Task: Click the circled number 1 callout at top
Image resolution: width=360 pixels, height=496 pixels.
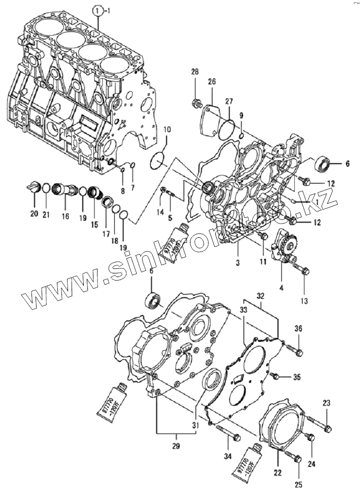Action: (97, 10)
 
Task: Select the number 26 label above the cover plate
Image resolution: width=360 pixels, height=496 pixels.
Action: (212, 81)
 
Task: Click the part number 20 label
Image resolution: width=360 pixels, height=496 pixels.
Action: (34, 214)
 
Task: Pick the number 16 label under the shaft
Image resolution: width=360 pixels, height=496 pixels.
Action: (66, 216)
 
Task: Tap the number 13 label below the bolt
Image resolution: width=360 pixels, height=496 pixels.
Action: (304, 301)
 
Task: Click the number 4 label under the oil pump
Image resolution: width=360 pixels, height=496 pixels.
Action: (282, 288)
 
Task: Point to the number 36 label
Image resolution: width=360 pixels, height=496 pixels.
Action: (298, 329)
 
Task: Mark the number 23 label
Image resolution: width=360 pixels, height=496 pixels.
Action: (326, 404)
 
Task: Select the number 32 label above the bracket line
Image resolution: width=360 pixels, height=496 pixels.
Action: (260, 295)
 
